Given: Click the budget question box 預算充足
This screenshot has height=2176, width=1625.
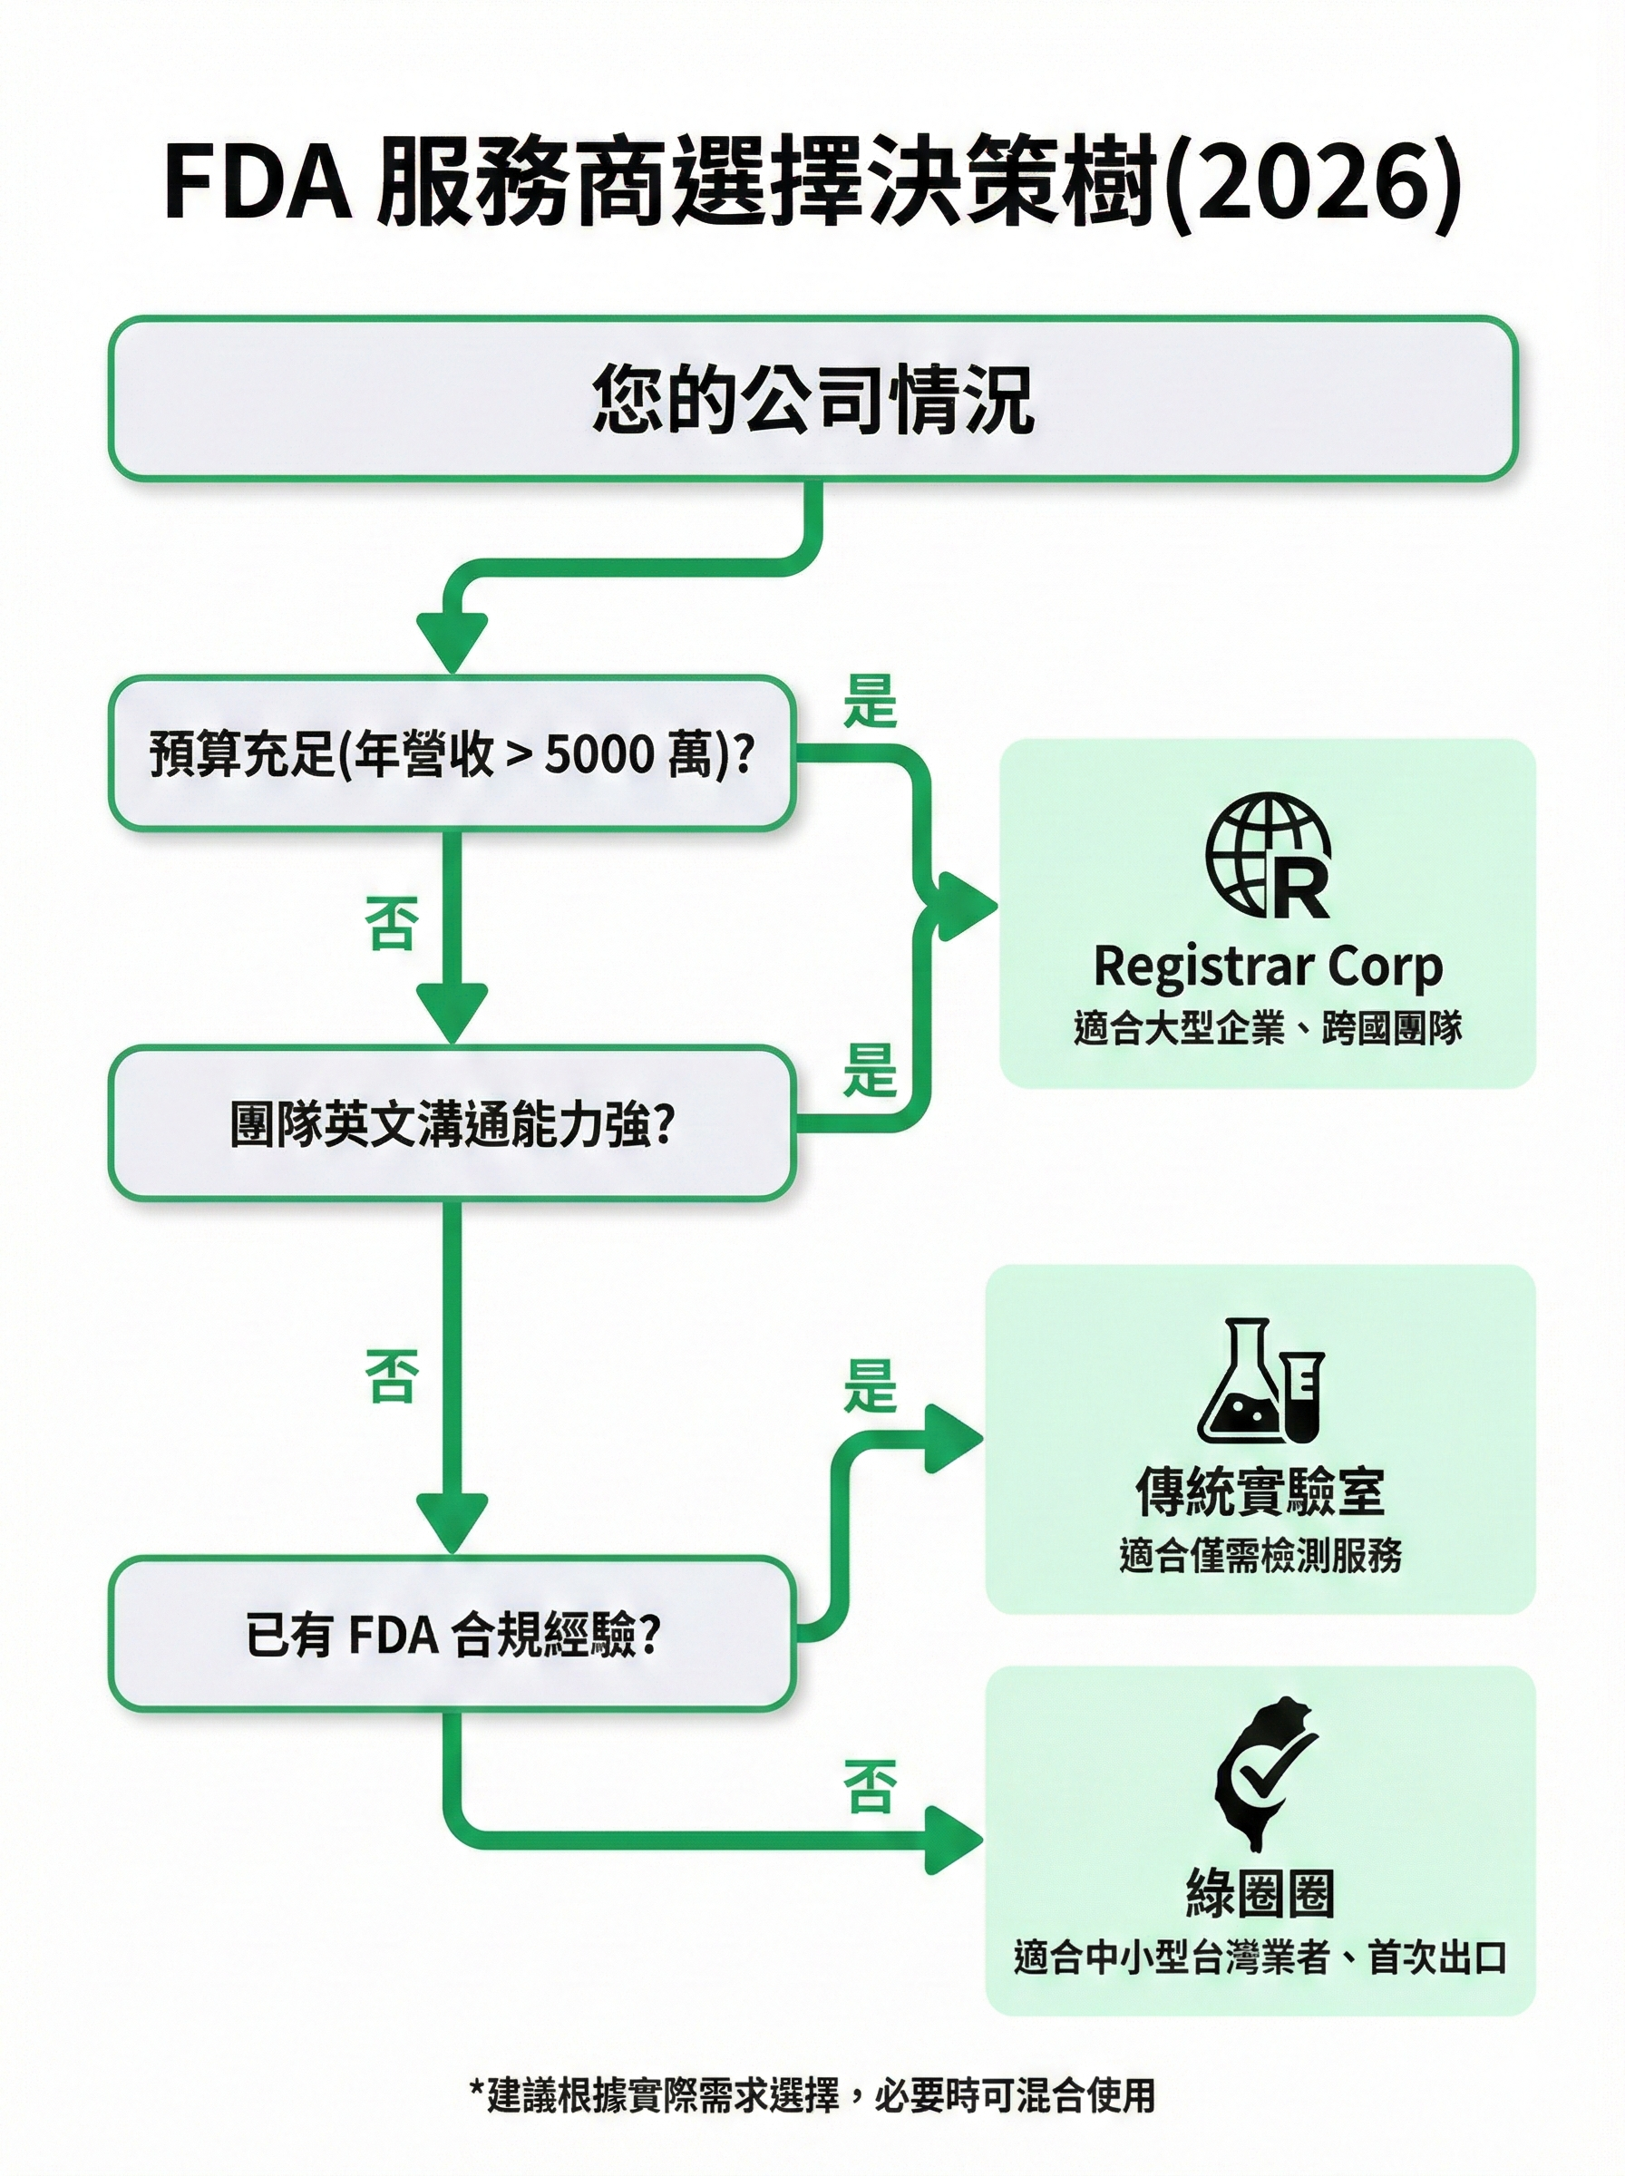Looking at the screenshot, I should [x=451, y=754].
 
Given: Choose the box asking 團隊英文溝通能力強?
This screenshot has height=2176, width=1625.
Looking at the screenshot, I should [x=451, y=1124].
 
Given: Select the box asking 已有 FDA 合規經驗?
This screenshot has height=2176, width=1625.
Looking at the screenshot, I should [x=451, y=1636].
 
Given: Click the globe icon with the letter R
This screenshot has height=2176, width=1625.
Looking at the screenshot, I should [x=1268, y=857].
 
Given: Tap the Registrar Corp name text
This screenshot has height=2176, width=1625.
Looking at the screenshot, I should [x=1268, y=967].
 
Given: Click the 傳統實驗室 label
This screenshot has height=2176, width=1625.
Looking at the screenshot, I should [x=1260, y=1491].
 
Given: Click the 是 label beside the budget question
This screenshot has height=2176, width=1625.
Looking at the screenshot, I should [x=870, y=701].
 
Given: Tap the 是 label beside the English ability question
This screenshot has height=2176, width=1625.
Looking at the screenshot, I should [x=870, y=1070].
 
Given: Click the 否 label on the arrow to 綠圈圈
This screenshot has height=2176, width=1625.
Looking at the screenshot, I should [x=870, y=1787].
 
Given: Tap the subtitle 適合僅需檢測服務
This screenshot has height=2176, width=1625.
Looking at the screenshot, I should [x=1260, y=1555].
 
